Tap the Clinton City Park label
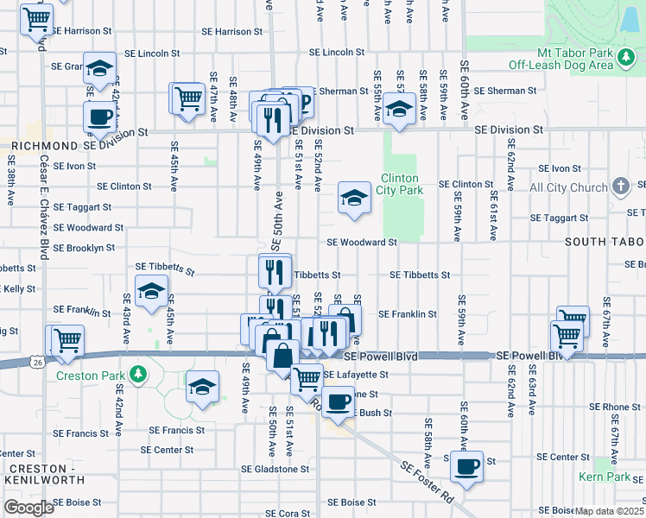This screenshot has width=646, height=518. [x=401, y=185]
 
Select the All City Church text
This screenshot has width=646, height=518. [x=568, y=187]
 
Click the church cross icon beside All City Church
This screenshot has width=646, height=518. [x=619, y=186]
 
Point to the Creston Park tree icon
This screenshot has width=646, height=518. [x=136, y=374]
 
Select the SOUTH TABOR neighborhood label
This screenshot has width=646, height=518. [x=605, y=242]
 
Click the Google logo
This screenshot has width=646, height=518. [x=28, y=508]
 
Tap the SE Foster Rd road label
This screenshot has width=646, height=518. [x=427, y=482]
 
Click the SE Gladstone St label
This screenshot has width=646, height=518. [x=275, y=469]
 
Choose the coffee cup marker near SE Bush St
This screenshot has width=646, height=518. [x=339, y=401]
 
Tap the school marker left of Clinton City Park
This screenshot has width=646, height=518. [x=353, y=198]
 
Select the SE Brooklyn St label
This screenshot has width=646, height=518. [x=84, y=248]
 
